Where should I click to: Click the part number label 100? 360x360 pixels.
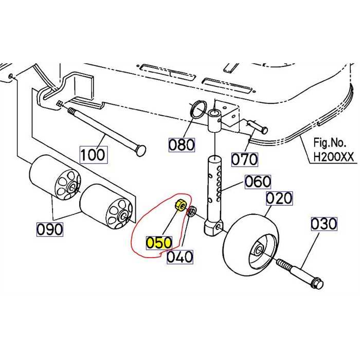click(93, 154)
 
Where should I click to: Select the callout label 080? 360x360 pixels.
click(182, 145)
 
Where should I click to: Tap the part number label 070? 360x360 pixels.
click(244, 159)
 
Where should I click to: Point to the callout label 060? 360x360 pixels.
click(257, 182)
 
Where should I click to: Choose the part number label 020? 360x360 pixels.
click(279, 198)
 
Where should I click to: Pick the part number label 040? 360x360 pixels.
click(179, 256)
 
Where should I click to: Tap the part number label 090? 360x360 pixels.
click(50, 229)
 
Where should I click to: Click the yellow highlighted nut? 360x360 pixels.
click(181, 206)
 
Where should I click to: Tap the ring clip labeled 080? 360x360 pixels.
click(199, 109)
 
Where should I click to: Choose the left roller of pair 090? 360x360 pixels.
click(54, 177)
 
